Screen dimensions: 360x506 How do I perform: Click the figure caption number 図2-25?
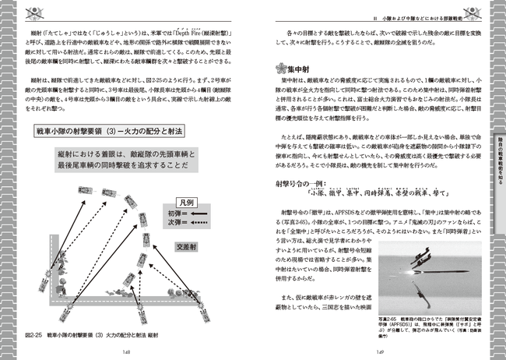(33, 334)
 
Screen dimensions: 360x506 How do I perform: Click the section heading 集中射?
(298, 69)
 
